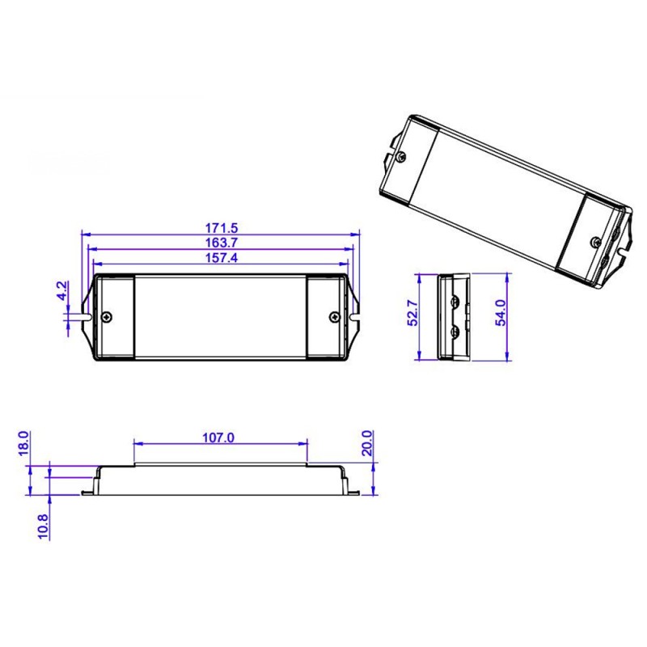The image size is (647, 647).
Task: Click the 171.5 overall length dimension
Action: [x=220, y=229]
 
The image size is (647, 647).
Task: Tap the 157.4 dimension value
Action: [x=220, y=257]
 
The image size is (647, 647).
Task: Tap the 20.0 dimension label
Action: [x=368, y=442]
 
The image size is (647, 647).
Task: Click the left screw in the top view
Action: [x=108, y=316]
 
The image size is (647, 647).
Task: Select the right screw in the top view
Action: [x=335, y=316]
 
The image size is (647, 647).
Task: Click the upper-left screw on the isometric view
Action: [x=401, y=156]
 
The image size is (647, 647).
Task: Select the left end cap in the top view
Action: [x=115, y=316]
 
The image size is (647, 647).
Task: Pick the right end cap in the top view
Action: [x=328, y=316]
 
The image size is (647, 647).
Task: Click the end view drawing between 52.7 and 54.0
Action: [x=453, y=317]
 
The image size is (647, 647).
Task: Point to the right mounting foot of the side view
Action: [x=353, y=488]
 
